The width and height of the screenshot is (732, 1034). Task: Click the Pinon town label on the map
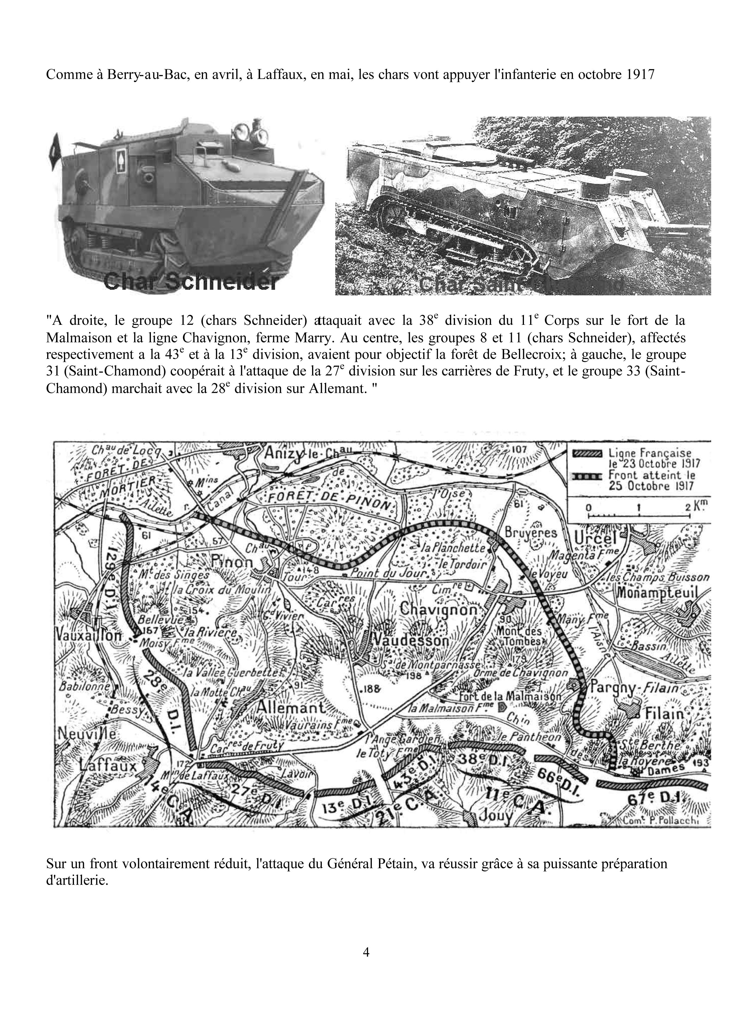232,562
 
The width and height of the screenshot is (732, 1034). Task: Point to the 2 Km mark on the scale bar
688,508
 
